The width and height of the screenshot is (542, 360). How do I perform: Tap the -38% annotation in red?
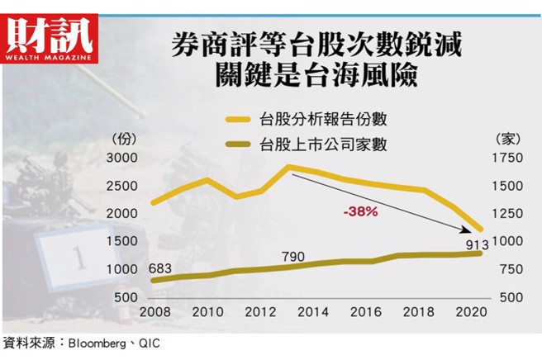coord(360,211)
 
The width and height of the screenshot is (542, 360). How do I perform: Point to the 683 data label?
coord(160,268)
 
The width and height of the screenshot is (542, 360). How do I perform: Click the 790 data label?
coord(293,255)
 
